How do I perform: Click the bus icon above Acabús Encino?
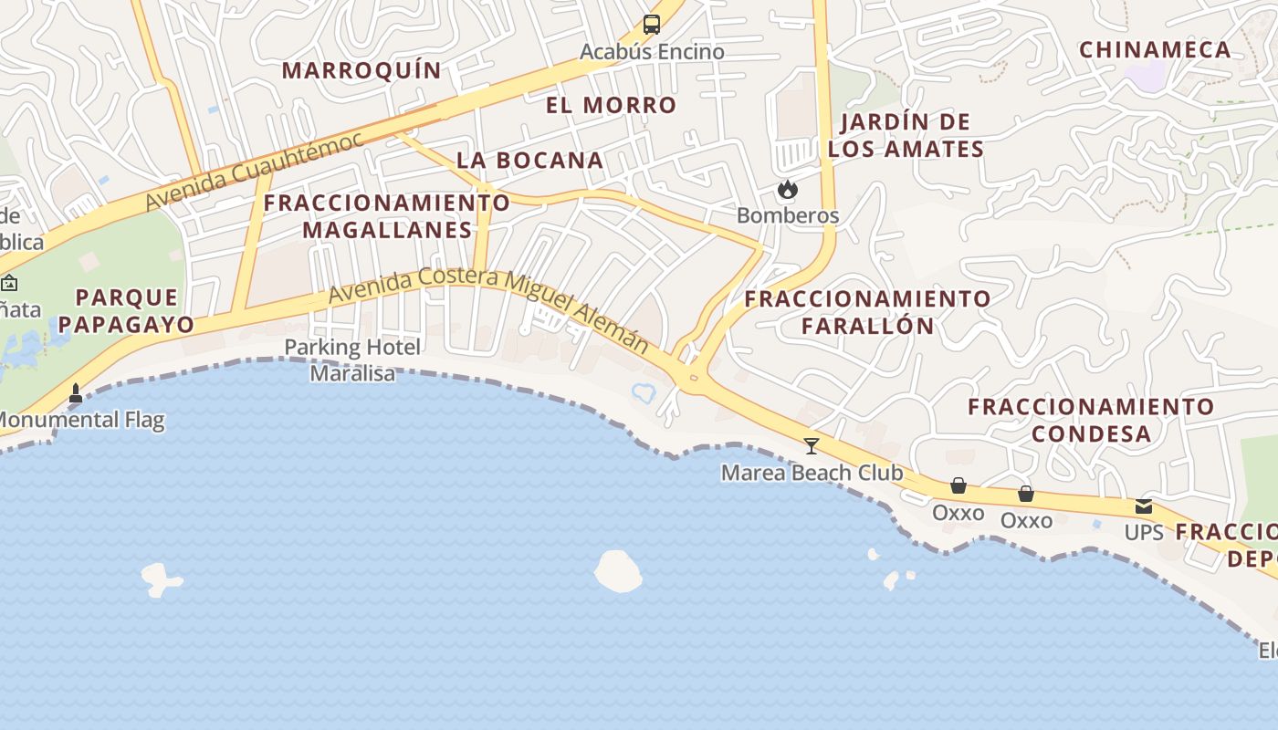coord(651,25)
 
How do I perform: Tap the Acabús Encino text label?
coord(652,52)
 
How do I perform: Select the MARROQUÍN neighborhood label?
coord(361,70)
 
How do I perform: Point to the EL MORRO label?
coord(612,105)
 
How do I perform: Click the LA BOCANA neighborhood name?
coord(529,161)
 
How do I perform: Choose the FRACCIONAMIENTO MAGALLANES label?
coord(387,216)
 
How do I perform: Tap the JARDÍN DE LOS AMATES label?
coord(906,135)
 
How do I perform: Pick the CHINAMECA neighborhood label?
coord(1155,50)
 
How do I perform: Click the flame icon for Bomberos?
coord(787,190)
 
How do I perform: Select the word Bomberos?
coord(787,216)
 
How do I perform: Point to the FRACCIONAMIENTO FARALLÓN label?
coord(867,312)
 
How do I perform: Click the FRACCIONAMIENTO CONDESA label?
coord(1091,420)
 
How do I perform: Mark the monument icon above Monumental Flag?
coord(76,393)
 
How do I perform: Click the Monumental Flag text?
coord(80,421)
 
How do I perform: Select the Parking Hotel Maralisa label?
coord(352,360)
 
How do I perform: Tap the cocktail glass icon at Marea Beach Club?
coord(811,446)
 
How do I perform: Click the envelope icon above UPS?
coord(1143,507)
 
